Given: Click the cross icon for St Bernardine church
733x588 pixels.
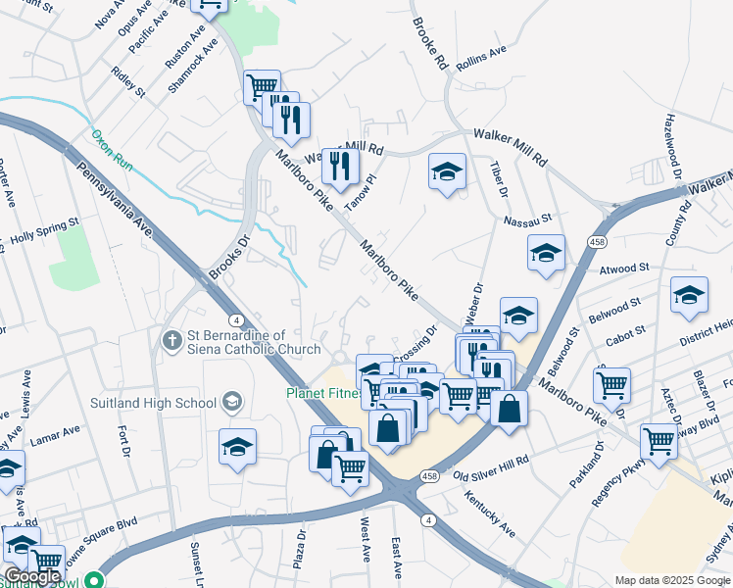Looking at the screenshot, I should (x=171, y=340).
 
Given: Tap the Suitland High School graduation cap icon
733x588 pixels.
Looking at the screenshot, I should (x=231, y=402).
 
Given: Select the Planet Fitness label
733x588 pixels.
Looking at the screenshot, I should (x=320, y=394).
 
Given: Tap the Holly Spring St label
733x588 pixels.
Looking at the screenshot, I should (x=44, y=232).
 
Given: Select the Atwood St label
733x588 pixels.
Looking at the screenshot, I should (x=624, y=268).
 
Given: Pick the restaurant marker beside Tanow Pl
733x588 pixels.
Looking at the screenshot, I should (x=340, y=165).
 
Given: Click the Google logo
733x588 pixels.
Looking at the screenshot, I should (x=32, y=577).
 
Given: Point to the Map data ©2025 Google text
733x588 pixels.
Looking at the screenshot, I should (x=671, y=580).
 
